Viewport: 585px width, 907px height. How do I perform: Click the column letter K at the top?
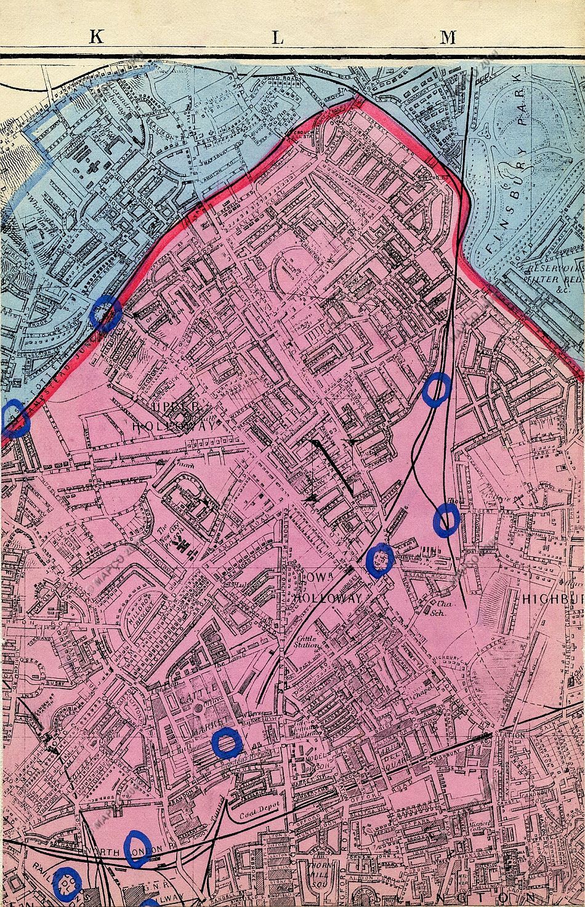pyautogui.click(x=97, y=37)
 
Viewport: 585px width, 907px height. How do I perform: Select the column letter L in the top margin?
pyautogui.click(x=277, y=38)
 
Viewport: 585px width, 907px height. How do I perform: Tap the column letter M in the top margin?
pyautogui.click(x=448, y=37)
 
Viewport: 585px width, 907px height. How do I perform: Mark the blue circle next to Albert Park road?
pyautogui.click(x=447, y=519)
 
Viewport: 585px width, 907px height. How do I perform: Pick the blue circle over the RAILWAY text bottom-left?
pyautogui.click(x=67, y=880)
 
